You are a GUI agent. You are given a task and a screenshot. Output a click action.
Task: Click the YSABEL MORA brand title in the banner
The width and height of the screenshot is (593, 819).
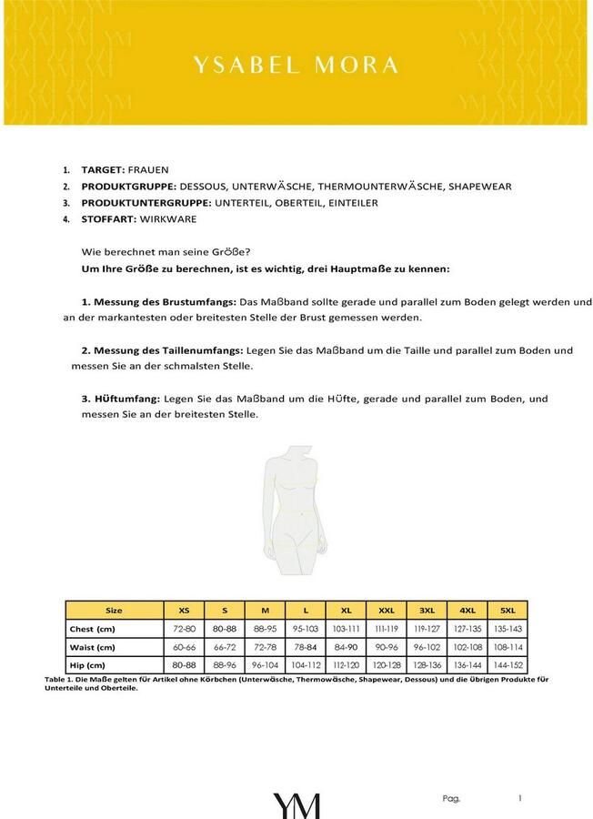pos(296,65)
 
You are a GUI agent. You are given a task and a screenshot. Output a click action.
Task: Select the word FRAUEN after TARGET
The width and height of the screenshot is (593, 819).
pos(148,170)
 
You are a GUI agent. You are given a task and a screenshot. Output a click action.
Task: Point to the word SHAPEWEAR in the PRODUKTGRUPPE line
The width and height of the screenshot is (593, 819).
pos(479,187)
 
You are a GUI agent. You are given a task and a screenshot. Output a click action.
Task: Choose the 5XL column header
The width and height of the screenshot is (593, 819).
pos(507,611)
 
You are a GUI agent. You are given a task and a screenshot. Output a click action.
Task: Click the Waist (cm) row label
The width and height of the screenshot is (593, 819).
pos(93,647)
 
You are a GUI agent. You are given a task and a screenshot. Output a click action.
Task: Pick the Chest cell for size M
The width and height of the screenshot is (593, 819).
pos(265,629)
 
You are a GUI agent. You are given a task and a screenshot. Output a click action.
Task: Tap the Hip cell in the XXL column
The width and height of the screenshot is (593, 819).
pos(386,664)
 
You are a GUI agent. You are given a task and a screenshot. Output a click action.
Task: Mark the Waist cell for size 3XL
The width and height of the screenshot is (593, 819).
pos(427,647)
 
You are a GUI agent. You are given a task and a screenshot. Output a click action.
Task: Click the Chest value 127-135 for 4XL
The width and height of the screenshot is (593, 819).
pos(467,629)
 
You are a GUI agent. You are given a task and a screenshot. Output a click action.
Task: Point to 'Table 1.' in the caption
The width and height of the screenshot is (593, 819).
pos(59,679)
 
